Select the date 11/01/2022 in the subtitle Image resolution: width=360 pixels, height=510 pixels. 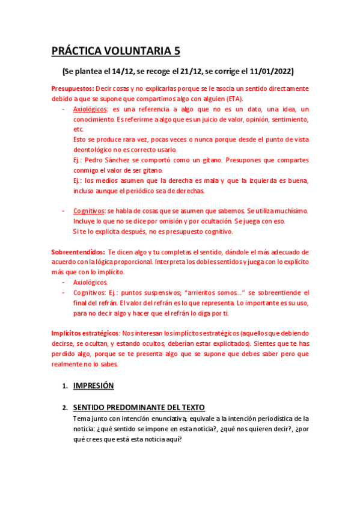click(269, 72)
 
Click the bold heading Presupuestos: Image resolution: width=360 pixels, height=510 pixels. click(73, 88)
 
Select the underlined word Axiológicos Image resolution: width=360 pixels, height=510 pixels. click(90, 109)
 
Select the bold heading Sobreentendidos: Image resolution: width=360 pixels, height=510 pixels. click(78, 252)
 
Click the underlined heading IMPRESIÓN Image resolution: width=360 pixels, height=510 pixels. click(93, 386)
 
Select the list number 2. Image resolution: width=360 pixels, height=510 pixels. click(64, 407)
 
